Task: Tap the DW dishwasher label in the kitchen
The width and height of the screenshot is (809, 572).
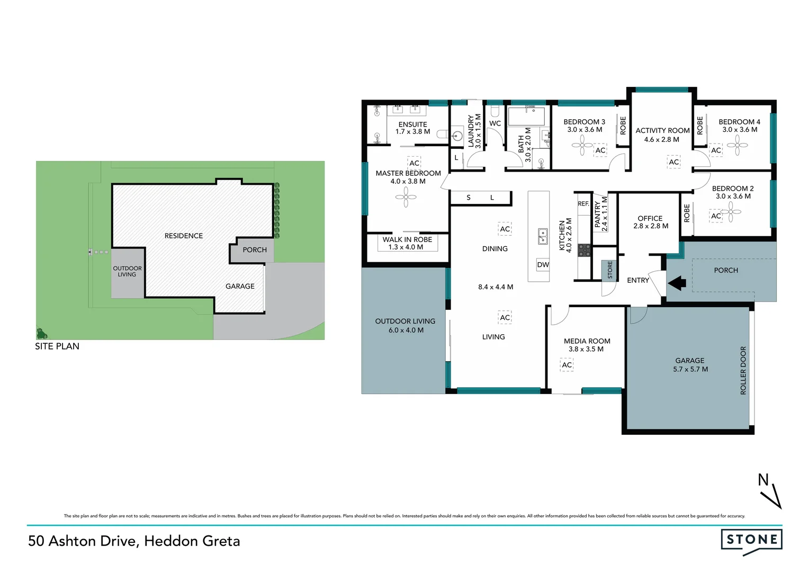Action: coord(543,265)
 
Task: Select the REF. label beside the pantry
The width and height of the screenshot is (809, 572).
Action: coord(583,203)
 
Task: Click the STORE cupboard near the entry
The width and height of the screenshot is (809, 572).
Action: coord(610,270)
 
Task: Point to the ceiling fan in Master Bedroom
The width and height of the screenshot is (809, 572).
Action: coord(406,199)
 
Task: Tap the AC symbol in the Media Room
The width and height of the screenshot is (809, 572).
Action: coord(567,365)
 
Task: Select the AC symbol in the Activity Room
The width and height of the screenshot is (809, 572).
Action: coord(673,162)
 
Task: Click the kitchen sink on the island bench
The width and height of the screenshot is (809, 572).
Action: coord(543,236)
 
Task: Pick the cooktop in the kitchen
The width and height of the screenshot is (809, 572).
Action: coord(584,250)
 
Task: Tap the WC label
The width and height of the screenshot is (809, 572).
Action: coord(495,123)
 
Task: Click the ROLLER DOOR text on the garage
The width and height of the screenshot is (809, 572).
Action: coord(743,370)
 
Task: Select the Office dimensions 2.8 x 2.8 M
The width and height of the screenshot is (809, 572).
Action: coord(651,226)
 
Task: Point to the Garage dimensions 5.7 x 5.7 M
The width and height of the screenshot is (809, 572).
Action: coord(690,369)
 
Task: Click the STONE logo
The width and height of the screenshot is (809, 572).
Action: coord(751,540)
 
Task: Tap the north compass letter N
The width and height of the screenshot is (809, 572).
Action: coord(763,480)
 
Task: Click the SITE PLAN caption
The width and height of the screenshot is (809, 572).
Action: coord(57,346)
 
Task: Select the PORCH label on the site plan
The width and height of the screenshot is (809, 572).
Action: coord(255,250)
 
